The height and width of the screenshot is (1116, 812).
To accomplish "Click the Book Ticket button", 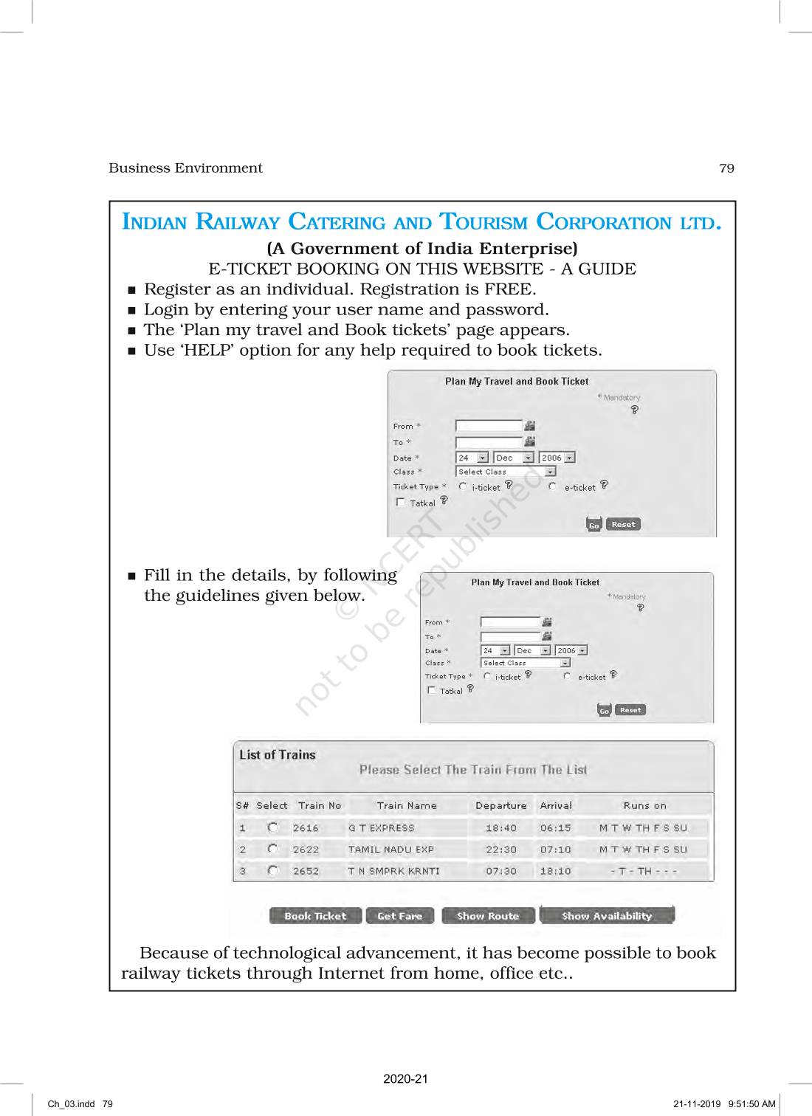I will click(x=315, y=916).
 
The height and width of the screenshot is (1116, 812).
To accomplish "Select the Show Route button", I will click(x=487, y=916).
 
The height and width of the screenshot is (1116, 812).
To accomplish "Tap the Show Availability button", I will click(x=607, y=916).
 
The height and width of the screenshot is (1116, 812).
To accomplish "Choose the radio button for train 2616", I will click(x=273, y=827).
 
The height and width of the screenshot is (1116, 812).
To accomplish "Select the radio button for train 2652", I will click(x=273, y=871).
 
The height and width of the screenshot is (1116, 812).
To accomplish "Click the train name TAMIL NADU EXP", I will click(x=391, y=850).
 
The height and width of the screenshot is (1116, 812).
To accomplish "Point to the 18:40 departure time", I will click(x=501, y=828).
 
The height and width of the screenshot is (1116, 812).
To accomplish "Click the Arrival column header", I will click(x=556, y=806).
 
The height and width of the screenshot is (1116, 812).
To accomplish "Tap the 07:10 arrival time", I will click(x=555, y=850).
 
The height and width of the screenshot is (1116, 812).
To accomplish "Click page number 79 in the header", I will click(x=726, y=168).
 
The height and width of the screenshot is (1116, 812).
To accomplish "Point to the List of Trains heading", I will click(x=277, y=755).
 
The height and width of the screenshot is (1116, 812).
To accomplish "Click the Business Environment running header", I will click(x=185, y=168).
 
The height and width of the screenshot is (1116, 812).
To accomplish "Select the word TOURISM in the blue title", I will click(x=483, y=222).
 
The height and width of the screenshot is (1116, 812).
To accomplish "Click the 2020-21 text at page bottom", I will click(x=405, y=1079).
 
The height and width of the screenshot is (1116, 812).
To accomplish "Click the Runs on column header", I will click(x=644, y=806).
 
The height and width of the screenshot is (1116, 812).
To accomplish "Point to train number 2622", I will click(x=306, y=850).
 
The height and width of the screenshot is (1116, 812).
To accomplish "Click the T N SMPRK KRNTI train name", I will click(x=393, y=871).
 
